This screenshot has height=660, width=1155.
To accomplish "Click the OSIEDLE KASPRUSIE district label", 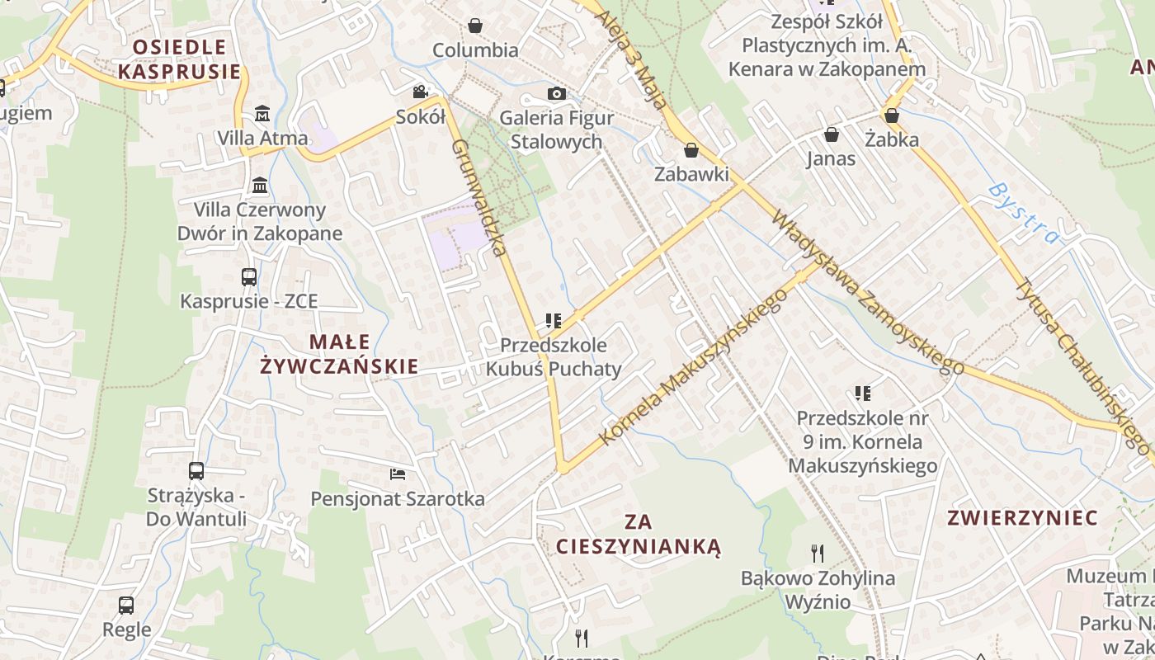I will coord(179,59).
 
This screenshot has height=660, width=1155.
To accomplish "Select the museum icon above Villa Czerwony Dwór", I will coord(260,185).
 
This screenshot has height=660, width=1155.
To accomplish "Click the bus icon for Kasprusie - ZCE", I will coord(248,276).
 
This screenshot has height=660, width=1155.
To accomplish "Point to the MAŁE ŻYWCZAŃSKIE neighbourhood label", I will coord(339,354).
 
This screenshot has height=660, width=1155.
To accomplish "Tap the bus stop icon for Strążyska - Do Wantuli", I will coord(196,471).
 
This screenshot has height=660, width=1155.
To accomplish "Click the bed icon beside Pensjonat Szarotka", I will coord(397,474).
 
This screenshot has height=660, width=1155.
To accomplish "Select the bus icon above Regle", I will coord(126,605).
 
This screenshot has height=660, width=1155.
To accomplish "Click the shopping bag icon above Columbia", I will coord(475,26).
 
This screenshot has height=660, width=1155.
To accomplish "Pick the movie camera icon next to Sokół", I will coord(421,92).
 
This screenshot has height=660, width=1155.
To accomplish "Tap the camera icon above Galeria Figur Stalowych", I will coord(557,93).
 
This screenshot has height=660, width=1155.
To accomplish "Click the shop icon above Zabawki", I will coord(691,149).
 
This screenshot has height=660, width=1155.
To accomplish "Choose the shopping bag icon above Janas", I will coord(831,134).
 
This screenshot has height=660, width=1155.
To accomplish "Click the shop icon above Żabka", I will coord(891,115).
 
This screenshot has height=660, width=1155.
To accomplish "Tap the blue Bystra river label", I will coord(1024,214).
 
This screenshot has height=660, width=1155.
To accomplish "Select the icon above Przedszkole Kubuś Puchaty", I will coord(553,320).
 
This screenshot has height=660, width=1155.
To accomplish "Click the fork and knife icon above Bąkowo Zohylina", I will coord(817,553).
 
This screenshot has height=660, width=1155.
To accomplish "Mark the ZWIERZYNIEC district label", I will coord(1022,518).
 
